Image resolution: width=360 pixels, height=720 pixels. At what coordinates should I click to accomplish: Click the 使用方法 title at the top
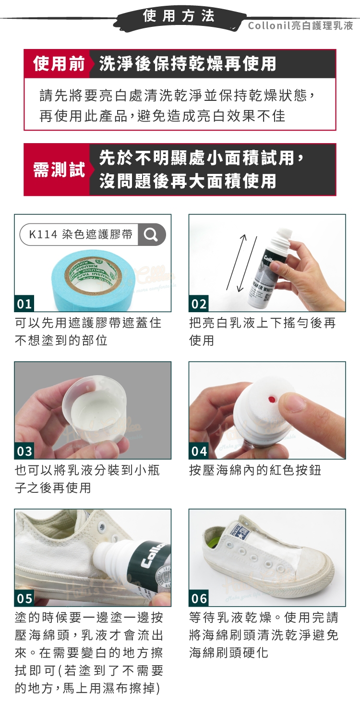click(x=179, y=16)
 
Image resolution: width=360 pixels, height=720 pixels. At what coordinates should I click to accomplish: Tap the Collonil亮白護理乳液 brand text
click(x=300, y=25)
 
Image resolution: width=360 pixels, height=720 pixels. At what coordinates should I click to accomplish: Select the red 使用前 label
click(x=59, y=63)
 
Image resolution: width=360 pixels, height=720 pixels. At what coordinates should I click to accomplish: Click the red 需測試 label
click(x=59, y=170)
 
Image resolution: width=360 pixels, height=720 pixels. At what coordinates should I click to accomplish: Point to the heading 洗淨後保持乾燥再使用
click(x=188, y=63)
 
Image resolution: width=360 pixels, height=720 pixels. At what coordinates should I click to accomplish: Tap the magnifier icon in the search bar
click(x=151, y=234)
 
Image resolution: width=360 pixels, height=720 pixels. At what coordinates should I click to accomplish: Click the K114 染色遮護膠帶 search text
click(x=81, y=234)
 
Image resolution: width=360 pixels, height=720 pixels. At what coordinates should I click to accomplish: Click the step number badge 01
click(x=24, y=304)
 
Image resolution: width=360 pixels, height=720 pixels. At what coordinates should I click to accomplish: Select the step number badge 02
click(x=199, y=304)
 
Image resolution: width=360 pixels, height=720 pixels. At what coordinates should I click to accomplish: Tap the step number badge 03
click(x=24, y=452)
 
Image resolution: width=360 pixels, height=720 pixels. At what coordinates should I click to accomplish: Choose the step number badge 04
click(x=199, y=452)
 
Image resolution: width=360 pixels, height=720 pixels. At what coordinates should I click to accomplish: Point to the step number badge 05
click(x=24, y=598)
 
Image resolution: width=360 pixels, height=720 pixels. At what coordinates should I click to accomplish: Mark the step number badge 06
click(x=199, y=598)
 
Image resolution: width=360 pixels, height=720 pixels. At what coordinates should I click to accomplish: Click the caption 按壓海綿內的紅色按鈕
click(x=255, y=470)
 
